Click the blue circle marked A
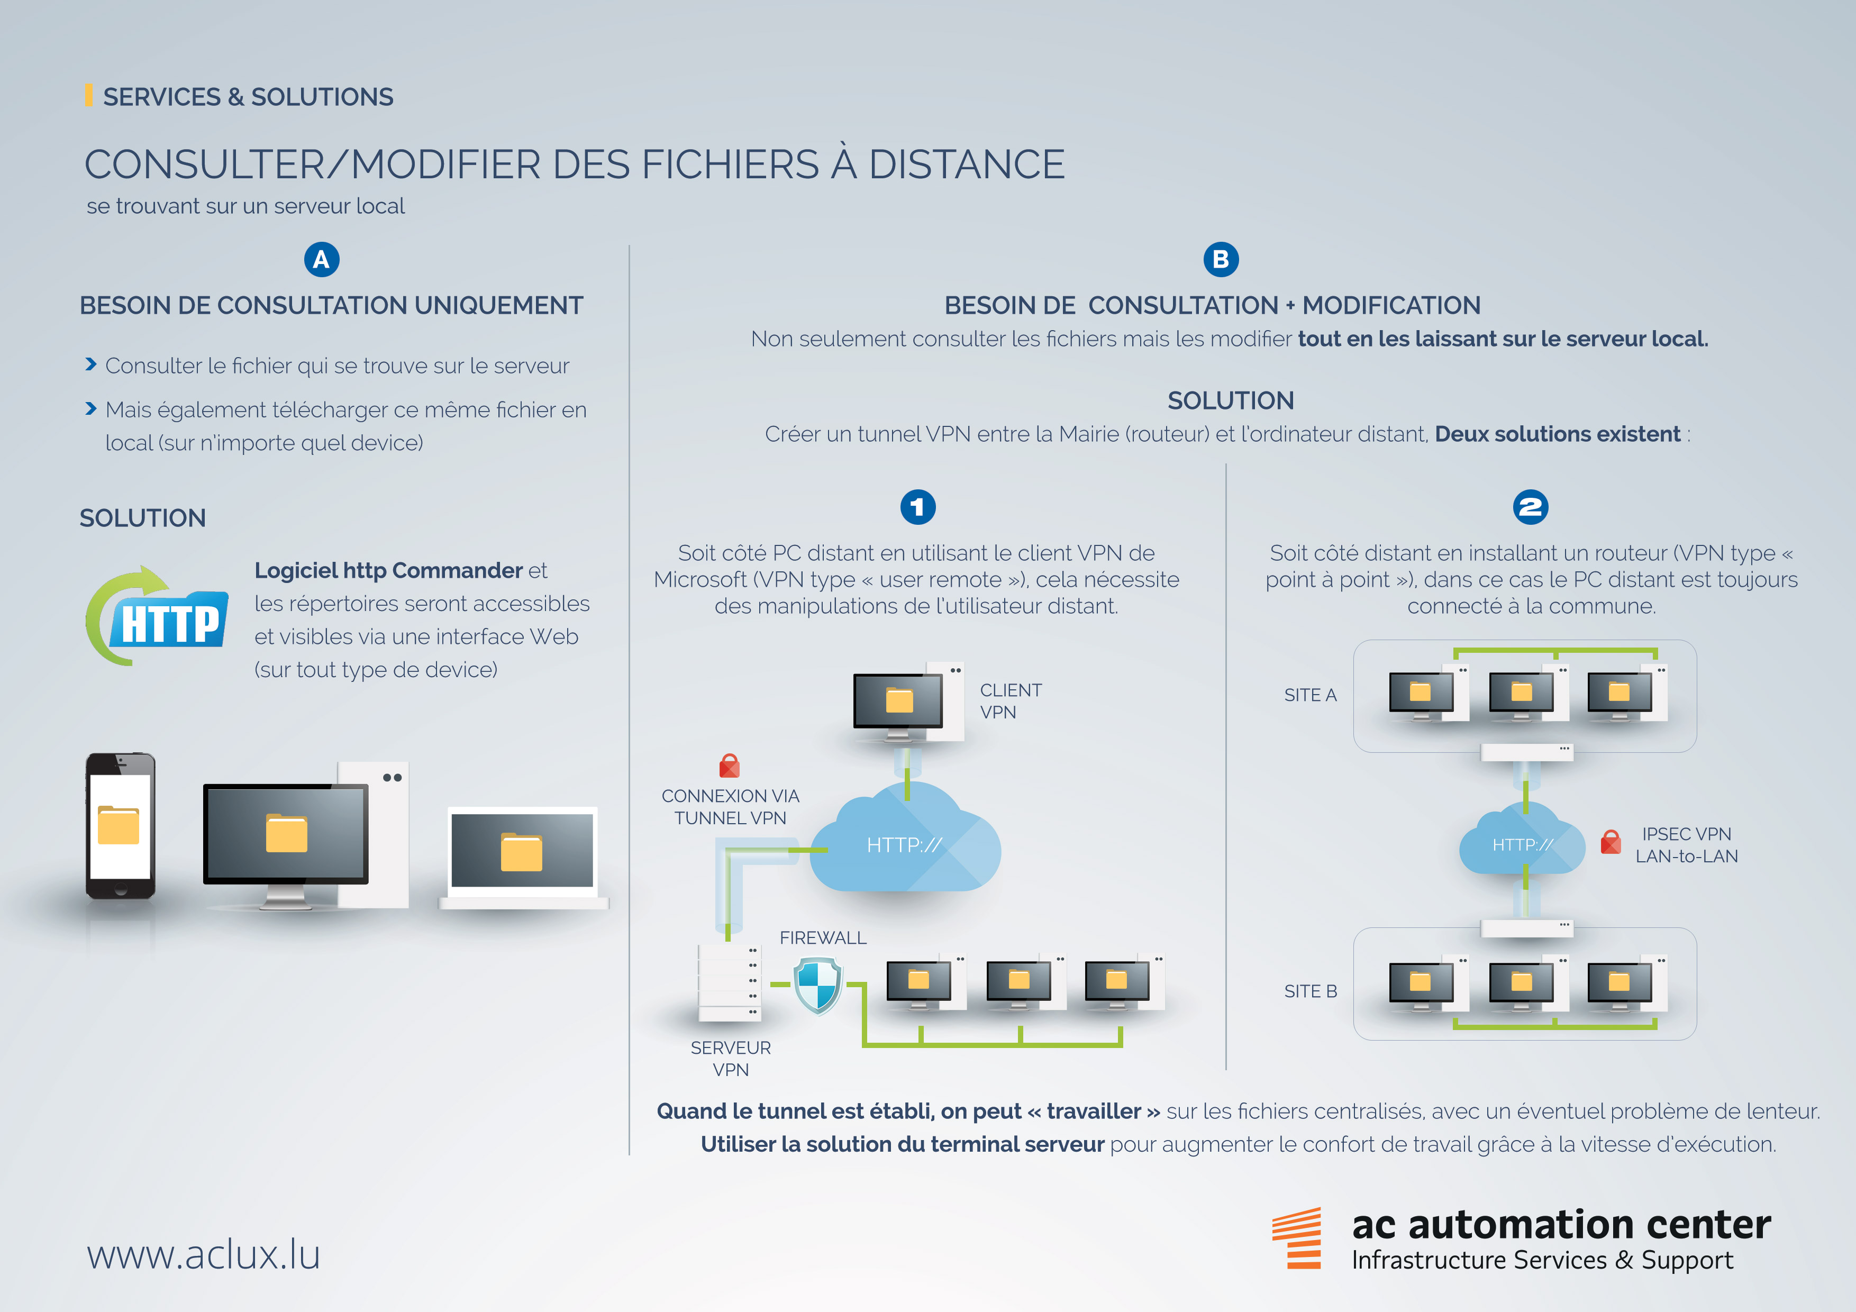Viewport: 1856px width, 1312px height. pos(321,259)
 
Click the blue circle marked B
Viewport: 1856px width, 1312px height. pos(1221,259)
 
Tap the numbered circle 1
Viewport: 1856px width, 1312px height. pos(917,507)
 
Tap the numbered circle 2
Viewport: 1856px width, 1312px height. pos(1530,507)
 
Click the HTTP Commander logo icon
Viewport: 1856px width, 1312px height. pos(158,617)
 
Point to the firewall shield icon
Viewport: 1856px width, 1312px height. pos(817,984)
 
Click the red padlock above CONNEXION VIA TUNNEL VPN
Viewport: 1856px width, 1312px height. pos(729,765)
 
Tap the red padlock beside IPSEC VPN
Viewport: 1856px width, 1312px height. pos(1611,842)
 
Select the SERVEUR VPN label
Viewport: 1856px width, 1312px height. pos(731,1058)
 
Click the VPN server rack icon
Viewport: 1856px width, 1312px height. pos(729,982)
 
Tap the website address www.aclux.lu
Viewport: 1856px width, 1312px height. pos(204,1255)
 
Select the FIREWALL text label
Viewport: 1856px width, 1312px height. pos(822,938)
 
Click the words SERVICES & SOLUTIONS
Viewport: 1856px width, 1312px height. pos(248,97)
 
